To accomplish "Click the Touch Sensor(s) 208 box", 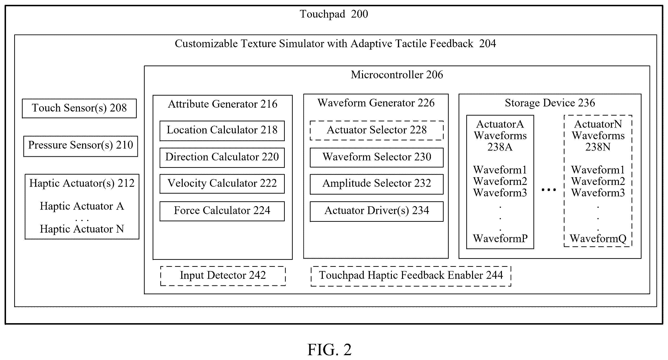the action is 79,108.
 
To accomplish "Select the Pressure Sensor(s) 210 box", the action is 81,146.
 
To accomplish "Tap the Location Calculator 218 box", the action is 222,131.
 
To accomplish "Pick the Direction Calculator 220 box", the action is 222,158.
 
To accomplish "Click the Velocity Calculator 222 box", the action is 222,184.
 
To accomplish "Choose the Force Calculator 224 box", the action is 222,211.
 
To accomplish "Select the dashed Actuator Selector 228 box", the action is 376,131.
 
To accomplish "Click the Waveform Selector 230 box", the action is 376,157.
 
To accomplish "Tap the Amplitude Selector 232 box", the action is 376,184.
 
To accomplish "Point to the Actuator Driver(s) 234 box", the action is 376,211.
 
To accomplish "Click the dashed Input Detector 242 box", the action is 223,276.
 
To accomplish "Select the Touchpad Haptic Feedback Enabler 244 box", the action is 411,276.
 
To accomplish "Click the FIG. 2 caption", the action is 329,350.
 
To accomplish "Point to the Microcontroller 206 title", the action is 397,75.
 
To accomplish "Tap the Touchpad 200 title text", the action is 334,14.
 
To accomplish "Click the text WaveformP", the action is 500,238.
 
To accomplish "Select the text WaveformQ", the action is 598,238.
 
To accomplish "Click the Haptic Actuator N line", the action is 82,229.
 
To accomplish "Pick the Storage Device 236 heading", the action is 550,103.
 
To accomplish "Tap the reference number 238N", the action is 598,147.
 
